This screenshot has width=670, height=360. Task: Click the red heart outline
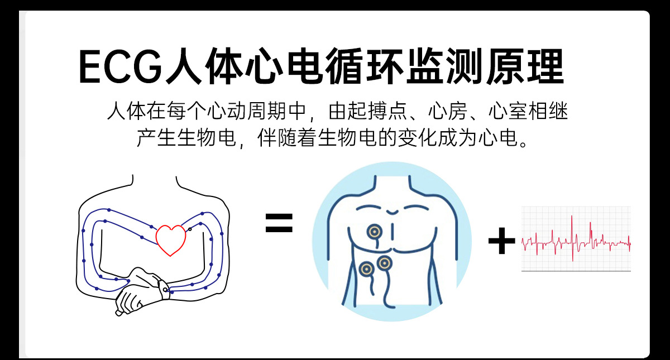coord(170,239)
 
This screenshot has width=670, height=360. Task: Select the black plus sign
coord(501,242)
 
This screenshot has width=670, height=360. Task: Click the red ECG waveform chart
coord(576,239)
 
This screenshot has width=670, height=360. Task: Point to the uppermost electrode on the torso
coord(373,231)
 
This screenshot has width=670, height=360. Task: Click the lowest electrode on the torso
coord(366,270)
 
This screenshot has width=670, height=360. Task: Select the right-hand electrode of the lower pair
coord(383,261)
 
